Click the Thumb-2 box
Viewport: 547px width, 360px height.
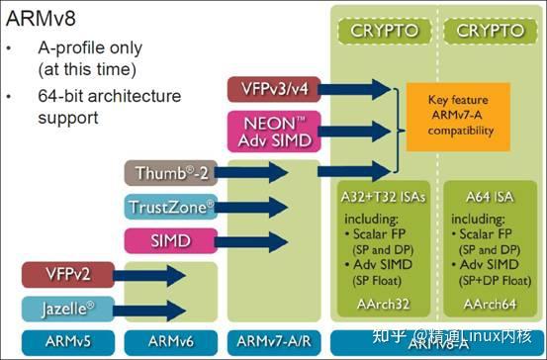coord(170,172)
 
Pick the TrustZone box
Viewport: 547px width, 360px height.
coord(170,207)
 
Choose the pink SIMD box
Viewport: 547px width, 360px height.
coord(170,240)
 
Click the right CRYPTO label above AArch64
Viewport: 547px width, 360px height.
coord(491,31)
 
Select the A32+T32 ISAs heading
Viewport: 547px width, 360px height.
coord(382,196)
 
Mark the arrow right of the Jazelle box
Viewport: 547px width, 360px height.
coord(148,310)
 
